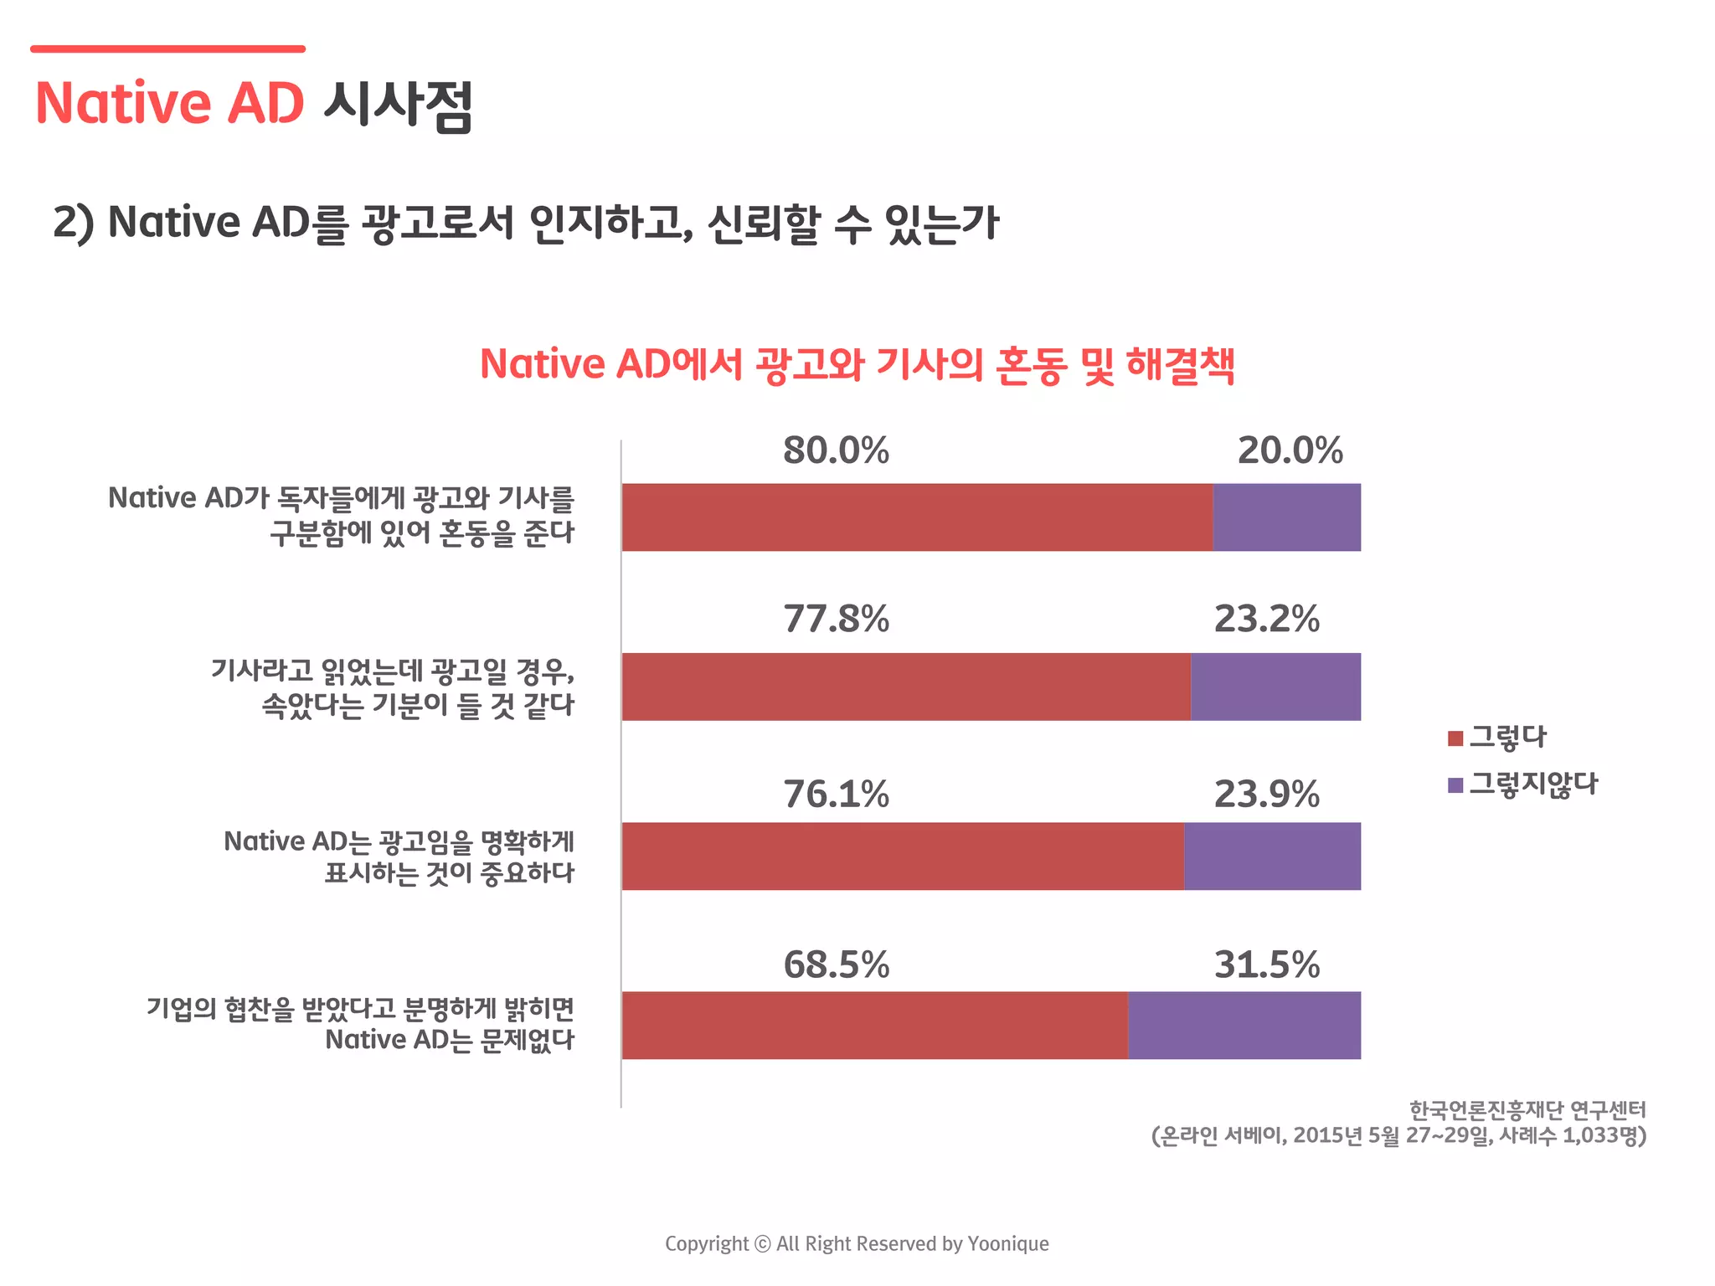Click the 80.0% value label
click(836, 450)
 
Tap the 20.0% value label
click(1290, 450)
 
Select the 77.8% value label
click(836, 620)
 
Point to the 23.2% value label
click(1266, 620)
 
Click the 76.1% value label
click(836, 795)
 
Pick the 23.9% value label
click(1266, 795)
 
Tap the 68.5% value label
click(836, 964)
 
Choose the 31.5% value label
click(1266, 964)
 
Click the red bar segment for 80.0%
click(917, 517)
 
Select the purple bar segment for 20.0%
click(1286, 517)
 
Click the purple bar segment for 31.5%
click(1244, 1025)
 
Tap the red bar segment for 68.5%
click(874, 1025)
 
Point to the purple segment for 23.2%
click(1275, 687)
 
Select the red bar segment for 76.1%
click(903, 856)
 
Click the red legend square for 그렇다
click(1455, 738)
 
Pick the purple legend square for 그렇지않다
click(1455, 785)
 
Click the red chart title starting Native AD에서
click(857, 365)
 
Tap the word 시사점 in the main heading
click(398, 105)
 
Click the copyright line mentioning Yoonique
click(857, 1243)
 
